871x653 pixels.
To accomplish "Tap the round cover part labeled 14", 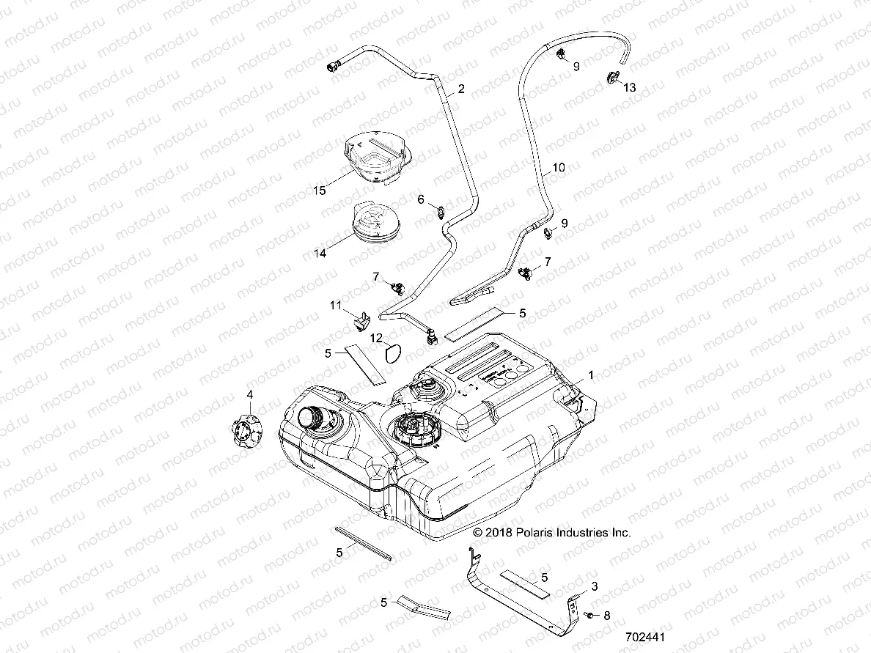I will (x=375, y=221).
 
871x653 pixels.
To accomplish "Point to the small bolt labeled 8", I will (x=590, y=615).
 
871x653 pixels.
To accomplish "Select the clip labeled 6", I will (x=441, y=213).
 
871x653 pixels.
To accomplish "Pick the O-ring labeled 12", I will (x=393, y=353).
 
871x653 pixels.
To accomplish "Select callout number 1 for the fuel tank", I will (x=592, y=375).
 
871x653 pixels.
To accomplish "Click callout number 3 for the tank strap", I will (x=595, y=586).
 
